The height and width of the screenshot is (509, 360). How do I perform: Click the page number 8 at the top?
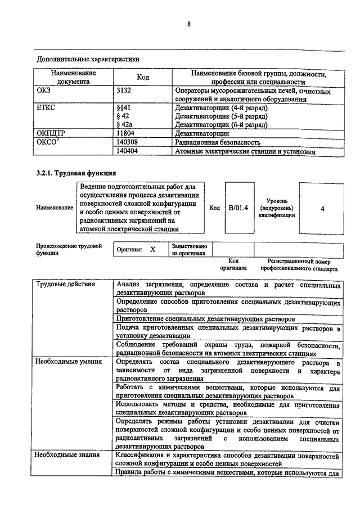pos(189,24)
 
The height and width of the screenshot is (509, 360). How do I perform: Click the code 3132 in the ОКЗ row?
pos(124,90)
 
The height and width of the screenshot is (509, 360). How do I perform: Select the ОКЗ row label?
pos(44,90)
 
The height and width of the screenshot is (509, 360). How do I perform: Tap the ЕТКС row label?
pos(46,107)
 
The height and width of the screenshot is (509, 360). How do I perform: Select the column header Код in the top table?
pos(143,77)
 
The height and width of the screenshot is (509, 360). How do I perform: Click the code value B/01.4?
pos(240,208)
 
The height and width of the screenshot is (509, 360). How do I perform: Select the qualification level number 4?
pos(322,209)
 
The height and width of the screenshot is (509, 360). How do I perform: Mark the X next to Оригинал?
pos(152,248)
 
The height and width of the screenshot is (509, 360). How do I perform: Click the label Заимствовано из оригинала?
pos(189,250)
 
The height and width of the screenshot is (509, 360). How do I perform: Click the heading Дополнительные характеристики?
pos(88,58)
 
